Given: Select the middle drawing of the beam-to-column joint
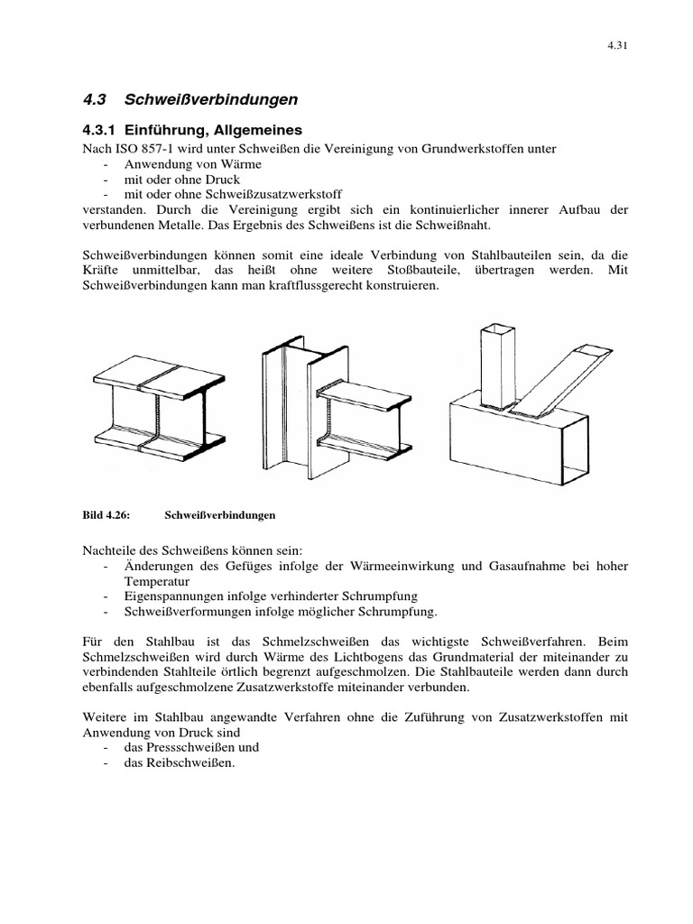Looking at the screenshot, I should click(x=334, y=402).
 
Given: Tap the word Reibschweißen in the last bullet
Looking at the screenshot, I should click(x=190, y=763).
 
